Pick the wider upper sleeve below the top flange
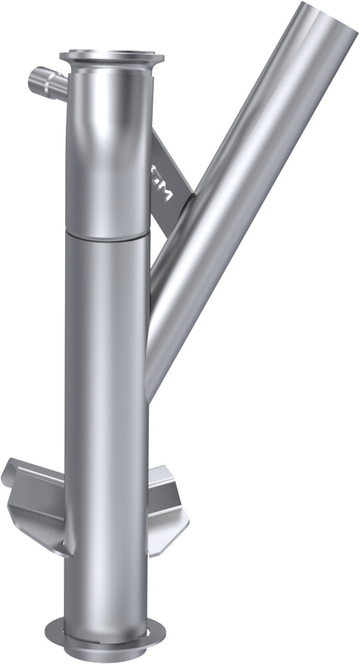[x=110, y=153]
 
